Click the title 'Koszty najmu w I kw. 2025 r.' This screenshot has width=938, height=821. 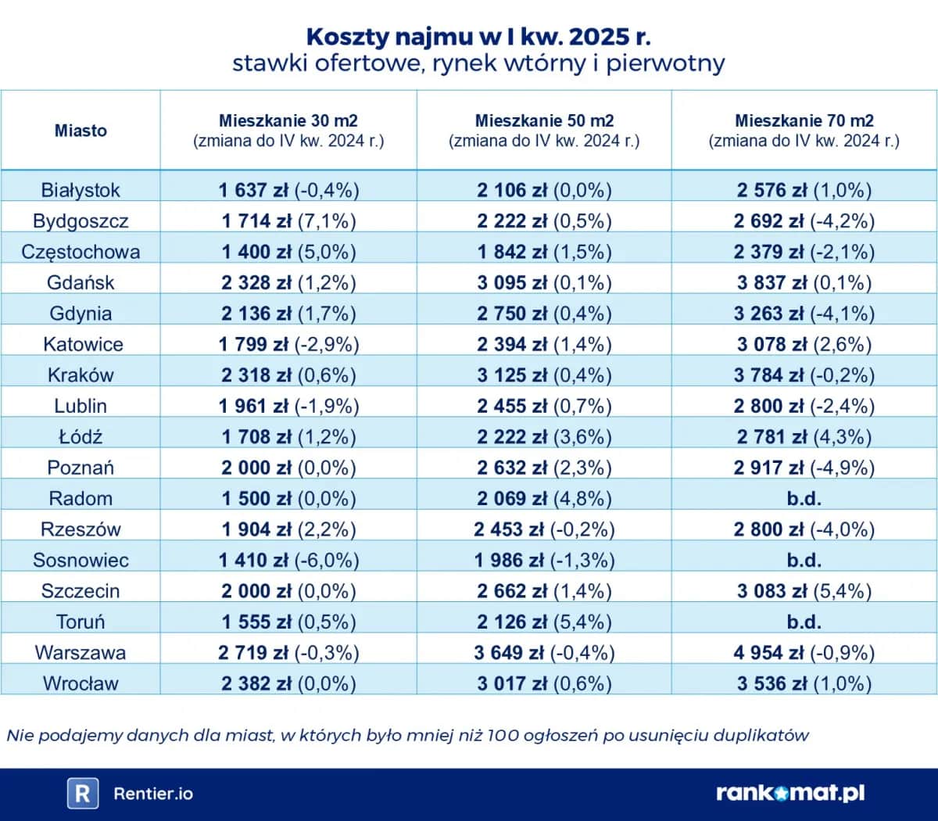478,36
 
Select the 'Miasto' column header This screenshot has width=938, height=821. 81,131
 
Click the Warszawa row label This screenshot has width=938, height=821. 81,652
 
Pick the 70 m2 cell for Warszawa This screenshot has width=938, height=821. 804,652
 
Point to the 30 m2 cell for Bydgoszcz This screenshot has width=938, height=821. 288,221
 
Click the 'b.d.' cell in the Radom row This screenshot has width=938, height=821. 804,498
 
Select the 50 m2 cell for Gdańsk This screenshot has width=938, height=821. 544,282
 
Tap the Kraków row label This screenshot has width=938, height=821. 81,375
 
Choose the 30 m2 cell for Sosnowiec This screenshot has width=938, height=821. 288,560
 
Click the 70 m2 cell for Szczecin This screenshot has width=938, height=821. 804,590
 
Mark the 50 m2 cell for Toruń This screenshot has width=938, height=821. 544,622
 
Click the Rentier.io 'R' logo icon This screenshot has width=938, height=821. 82,794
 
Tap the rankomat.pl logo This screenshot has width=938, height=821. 790,793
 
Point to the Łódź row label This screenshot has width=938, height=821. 81,436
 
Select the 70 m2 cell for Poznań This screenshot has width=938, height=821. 804,468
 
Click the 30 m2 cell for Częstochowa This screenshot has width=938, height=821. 288,252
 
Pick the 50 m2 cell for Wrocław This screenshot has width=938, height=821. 544,683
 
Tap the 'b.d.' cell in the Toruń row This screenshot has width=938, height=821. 804,622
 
